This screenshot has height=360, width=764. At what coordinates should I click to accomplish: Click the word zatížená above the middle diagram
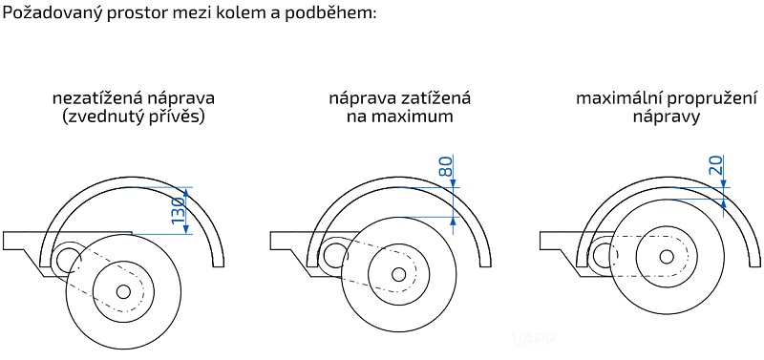[x=435, y=98]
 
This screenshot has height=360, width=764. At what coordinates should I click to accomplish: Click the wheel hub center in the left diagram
[x=123, y=291]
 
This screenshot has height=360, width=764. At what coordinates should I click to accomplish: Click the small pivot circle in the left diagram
[x=67, y=258]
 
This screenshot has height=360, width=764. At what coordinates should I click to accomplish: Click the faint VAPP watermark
[x=523, y=337]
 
